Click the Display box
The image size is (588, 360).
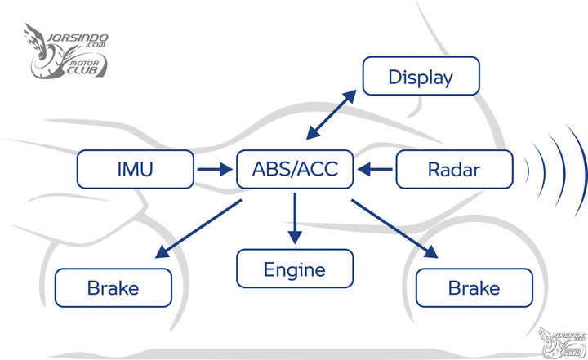(x=421, y=78)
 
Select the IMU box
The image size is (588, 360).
(x=136, y=170)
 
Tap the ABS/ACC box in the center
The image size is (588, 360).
(x=296, y=170)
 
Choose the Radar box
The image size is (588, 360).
(x=454, y=170)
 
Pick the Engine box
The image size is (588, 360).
(x=295, y=269)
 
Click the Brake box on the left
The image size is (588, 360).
(x=113, y=287)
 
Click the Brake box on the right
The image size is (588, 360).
(x=474, y=287)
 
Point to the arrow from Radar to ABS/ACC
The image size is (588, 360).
(x=375, y=170)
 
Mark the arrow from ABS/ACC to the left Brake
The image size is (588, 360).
(x=200, y=231)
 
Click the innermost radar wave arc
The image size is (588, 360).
(x=526, y=170)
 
